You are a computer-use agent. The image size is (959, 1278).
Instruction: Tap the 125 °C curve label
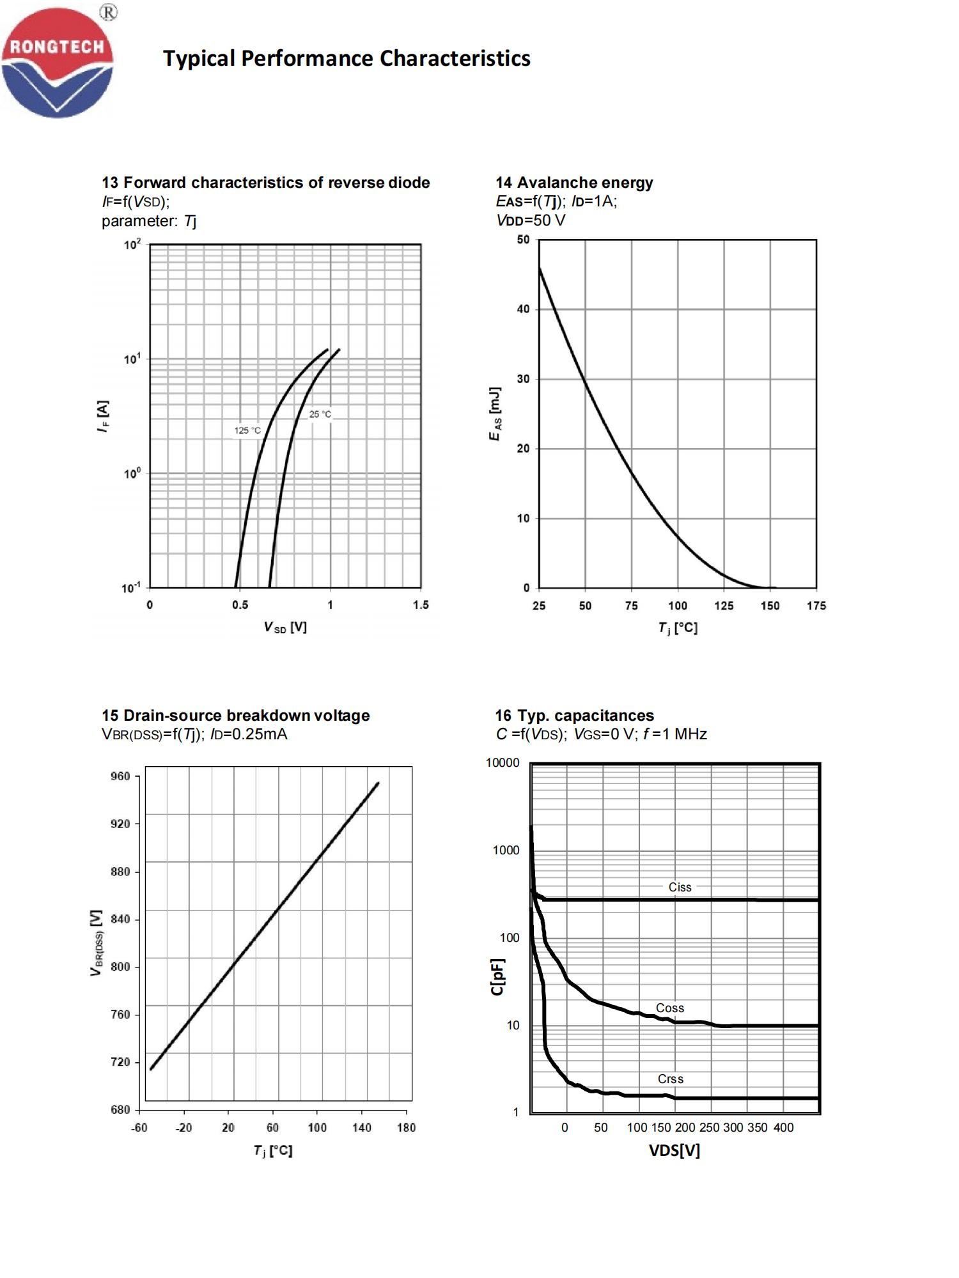pos(247,430)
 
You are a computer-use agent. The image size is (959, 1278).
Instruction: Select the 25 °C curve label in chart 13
pos(320,414)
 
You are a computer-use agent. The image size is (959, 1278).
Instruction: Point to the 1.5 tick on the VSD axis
pos(421,604)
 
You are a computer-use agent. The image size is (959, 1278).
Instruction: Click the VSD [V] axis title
pos(285,627)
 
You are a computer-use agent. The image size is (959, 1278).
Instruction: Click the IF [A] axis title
pos(103,416)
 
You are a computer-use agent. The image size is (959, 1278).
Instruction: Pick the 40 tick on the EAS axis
pos(524,309)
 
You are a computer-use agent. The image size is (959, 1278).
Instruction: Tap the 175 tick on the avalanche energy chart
pos(816,606)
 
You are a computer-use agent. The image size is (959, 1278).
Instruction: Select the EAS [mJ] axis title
pos(494,413)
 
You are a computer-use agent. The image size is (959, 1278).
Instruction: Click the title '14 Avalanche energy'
pos(574,183)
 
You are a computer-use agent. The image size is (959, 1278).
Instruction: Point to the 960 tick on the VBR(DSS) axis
pos(120,776)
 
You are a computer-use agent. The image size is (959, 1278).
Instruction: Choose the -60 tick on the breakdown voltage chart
pos(139,1127)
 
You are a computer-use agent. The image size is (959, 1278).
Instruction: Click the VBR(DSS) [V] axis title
pos(97,943)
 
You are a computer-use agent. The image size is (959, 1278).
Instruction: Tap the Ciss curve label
pos(680,887)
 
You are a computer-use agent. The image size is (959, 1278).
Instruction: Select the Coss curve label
pos(669,1008)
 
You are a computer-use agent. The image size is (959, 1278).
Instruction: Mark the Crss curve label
pos(670,1079)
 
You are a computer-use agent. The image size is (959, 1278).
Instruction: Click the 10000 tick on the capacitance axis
pos(503,763)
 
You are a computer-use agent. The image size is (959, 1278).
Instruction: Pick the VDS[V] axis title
pos(674,1151)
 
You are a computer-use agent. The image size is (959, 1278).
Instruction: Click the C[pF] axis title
pos(498,976)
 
